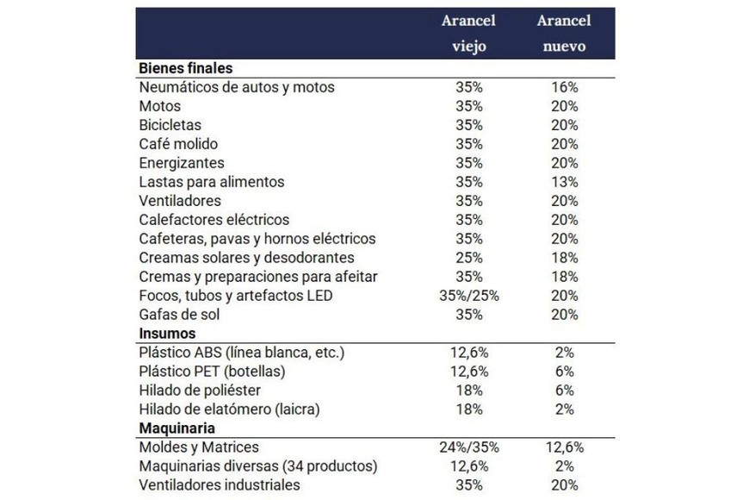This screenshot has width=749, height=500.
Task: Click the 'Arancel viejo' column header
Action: [x=469, y=33]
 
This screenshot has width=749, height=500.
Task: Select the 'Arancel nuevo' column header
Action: [x=563, y=33]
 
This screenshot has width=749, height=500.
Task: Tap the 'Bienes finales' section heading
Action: [x=185, y=68]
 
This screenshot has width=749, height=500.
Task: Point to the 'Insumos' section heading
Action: [x=167, y=334]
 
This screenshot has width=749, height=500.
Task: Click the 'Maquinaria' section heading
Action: [x=176, y=428]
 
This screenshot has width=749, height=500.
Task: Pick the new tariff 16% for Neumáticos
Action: [x=564, y=87]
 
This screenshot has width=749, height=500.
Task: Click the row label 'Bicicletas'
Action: [x=170, y=125]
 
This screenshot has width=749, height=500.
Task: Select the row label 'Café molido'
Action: [x=178, y=144]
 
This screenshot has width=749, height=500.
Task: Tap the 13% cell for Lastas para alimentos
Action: [x=564, y=182]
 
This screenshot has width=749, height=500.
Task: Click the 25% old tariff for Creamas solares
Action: [x=469, y=258]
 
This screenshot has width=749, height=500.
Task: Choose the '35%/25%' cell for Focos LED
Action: [x=469, y=296]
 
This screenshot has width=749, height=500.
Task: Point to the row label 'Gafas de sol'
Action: [x=179, y=315]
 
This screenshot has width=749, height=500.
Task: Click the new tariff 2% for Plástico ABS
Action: [x=564, y=353]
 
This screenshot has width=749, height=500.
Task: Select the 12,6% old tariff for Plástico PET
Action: [x=469, y=372]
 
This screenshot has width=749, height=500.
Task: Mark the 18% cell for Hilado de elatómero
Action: [x=469, y=409]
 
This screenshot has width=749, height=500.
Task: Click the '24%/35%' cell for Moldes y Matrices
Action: [x=469, y=447]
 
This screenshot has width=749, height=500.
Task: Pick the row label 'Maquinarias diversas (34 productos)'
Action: [x=258, y=466]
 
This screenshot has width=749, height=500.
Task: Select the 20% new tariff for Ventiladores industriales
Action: [x=564, y=485]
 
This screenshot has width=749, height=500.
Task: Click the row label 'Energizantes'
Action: [x=182, y=163]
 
